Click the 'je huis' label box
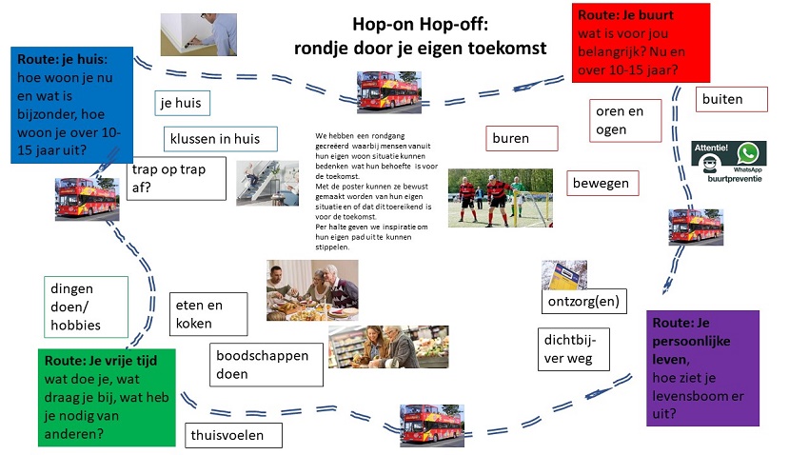coord(182,103)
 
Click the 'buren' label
coord(520,138)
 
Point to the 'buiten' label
coord(733,99)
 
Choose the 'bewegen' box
coord(602,182)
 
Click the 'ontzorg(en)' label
coord(583,302)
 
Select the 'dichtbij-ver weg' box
coord(569,347)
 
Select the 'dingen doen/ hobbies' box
coord(86,307)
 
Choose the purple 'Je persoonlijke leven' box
coord(701,366)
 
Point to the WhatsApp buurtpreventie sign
coord(728,162)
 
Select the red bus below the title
coord(388,92)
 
